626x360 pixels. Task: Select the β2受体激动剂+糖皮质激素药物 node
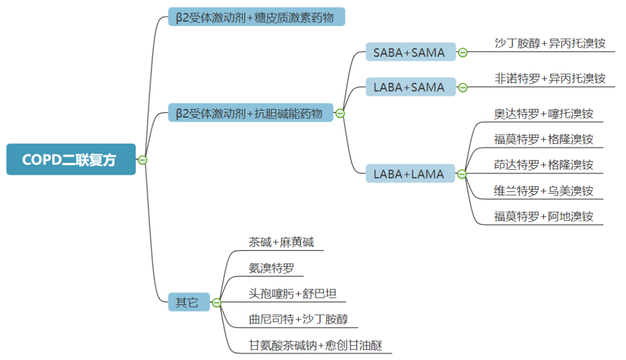click(256, 17)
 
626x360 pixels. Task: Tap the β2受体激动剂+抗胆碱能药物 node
click(250, 113)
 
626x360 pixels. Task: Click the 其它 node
click(187, 302)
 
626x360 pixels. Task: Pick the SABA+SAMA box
click(410, 52)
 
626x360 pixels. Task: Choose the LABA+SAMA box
click(410, 87)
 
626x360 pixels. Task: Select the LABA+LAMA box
click(410, 173)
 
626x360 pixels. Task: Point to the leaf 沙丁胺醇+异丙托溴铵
click(549, 43)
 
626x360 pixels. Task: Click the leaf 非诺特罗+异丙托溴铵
click(549, 78)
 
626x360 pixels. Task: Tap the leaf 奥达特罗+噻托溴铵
click(544, 114)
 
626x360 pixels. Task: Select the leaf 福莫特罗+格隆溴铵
click(544, 139)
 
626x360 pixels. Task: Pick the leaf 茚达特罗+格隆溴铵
click(544, 165)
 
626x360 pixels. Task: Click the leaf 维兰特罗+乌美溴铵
click(544, 190)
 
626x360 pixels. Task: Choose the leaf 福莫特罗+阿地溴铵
click(544, 216)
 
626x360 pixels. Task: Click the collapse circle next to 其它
click(217, 303)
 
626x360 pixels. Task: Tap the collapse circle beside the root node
click(143, 160)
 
